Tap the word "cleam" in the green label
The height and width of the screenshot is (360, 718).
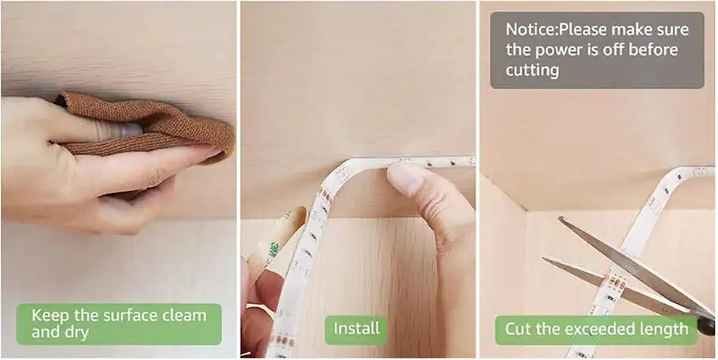coord(184,316)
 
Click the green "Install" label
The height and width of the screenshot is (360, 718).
coord(356,328)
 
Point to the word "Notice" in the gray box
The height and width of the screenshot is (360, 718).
coord(530,30)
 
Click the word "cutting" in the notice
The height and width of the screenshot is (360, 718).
coord(532,71)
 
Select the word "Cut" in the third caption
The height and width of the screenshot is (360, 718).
coord(517,328)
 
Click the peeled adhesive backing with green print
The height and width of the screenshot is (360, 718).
coord(276,239)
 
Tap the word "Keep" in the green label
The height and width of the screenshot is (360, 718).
coord(48,316)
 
